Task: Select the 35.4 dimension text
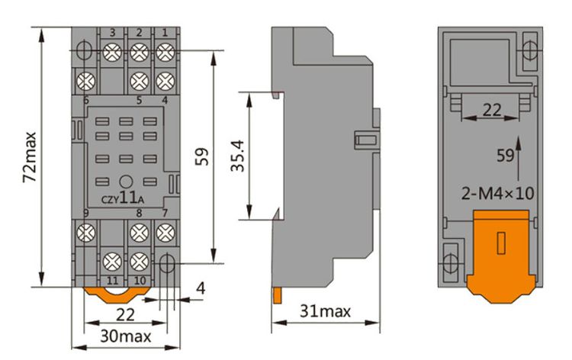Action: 238,156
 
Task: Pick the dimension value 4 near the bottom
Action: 199,288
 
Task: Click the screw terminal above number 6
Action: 85,79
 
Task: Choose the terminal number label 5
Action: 138,100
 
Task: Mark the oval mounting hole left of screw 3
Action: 86,51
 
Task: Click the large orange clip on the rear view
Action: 500,256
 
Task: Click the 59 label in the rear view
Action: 505,156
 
